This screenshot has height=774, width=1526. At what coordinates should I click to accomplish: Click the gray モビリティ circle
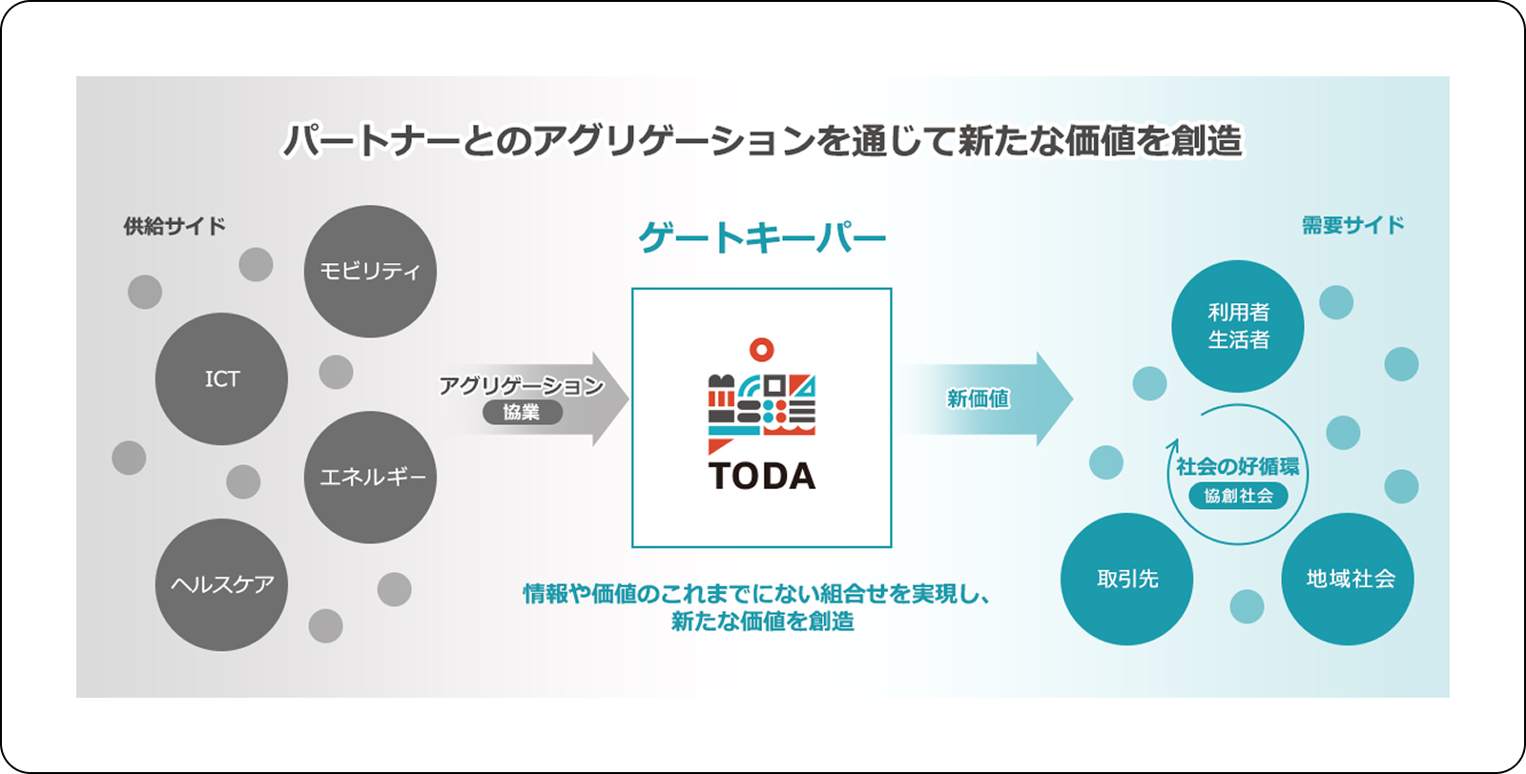pos(370,272)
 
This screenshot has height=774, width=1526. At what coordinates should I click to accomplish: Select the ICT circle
pos(221,379)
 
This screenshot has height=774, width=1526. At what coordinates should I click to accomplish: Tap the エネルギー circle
pos(370,478)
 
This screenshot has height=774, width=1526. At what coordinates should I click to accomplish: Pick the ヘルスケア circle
pos(221,584)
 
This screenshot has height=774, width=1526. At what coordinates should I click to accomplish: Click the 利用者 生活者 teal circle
pos(1238,326)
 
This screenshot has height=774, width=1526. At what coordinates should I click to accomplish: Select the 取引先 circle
pos(1126,580)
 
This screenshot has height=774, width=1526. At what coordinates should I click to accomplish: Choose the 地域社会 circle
pos(1348,580)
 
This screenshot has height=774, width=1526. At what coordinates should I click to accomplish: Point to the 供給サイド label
pos(175,226)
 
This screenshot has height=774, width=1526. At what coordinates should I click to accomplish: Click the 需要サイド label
pos(1353,225)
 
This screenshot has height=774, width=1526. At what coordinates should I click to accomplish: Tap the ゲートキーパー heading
pos(762,238)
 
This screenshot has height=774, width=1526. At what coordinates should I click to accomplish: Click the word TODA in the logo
pos(762,476)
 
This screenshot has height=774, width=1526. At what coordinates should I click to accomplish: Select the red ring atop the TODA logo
pos(762,350)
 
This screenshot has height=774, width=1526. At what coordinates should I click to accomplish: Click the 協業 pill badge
pos(523,413)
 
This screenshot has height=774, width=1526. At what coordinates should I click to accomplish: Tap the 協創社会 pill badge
pos(1239,496)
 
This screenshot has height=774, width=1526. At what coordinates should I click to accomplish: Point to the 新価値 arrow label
pos(979,398)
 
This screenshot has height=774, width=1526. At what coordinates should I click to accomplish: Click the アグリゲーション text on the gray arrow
pos(522,386)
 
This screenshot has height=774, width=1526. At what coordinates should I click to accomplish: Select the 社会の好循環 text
pos(1238,467)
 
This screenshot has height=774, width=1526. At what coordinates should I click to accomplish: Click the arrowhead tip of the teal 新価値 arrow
pos(1073,398)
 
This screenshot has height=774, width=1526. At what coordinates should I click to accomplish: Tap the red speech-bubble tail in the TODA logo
pos(719,446)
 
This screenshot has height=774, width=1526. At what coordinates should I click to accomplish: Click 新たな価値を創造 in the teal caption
pos(762,621)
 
